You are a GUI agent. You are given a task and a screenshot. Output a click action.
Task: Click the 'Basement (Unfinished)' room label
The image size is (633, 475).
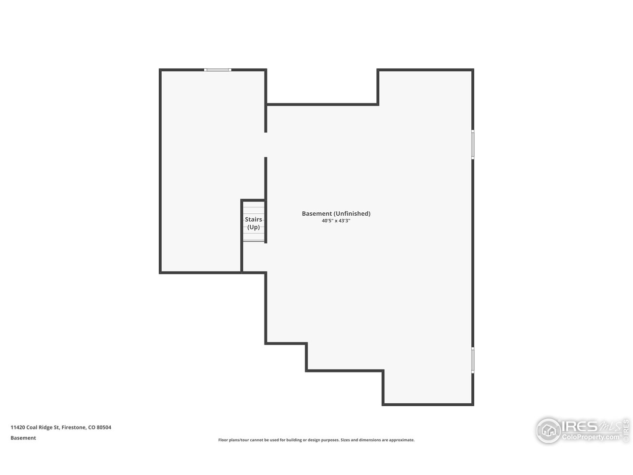point(336,214)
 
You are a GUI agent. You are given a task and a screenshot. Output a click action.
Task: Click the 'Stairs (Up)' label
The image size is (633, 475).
point(253,223)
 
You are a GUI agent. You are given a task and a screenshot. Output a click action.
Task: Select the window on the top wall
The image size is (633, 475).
point(218,70)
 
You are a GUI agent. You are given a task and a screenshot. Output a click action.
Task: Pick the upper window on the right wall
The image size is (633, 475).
point(473,144)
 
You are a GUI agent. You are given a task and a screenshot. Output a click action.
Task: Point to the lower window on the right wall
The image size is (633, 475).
point(473,360)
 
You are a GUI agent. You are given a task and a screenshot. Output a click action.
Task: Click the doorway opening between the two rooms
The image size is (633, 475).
point(266,145)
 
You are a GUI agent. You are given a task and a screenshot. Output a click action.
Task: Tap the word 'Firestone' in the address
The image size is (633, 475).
point(73,427)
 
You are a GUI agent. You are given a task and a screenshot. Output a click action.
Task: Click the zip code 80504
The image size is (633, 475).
point(104,427)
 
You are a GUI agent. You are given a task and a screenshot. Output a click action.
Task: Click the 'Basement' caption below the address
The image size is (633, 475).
point(23,438)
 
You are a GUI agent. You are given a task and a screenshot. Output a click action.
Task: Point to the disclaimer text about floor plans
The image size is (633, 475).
point(316,440)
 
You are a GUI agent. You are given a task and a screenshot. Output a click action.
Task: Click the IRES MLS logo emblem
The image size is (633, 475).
point(548,430)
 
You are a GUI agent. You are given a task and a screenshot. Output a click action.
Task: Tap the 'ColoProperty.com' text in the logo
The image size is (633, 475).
point(590,437)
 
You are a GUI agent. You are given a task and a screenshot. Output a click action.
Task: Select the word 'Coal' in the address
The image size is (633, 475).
point(33,427)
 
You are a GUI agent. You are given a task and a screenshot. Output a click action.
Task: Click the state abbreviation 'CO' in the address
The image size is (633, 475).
point(91,427)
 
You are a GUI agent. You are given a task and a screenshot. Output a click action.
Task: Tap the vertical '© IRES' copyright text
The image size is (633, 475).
point(626,430)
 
